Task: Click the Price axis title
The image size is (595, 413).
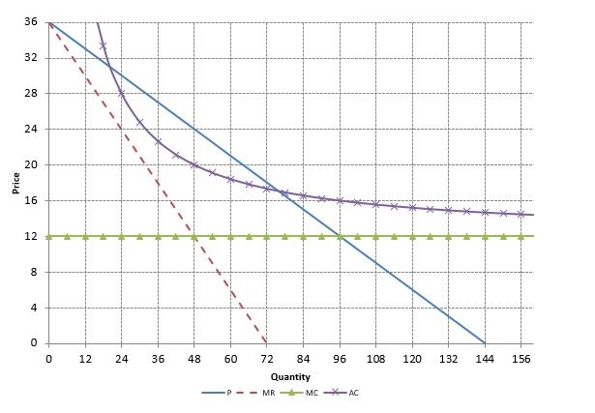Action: [x=16, y=182]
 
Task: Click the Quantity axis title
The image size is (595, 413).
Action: [x=290, y=376]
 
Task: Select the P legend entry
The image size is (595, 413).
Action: [x=227, y=393]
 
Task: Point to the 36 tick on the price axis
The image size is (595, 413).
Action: [x=31, y=22]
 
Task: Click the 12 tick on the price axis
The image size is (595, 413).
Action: [x=31, y=236]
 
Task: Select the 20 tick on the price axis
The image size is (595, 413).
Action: [x=31, y=165]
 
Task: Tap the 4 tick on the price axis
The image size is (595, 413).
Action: [x=33, y=308]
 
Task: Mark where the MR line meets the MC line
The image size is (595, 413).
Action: [x=193, y=236]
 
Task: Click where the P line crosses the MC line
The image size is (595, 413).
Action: [x=340, y=236]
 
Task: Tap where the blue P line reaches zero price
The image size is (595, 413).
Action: [x=485, y=343]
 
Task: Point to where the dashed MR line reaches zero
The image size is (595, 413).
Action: [x=266, y=343]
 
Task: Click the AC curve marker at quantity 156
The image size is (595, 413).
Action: [x=521, y=214]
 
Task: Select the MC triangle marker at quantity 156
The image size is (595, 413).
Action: [x=521, y=236]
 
